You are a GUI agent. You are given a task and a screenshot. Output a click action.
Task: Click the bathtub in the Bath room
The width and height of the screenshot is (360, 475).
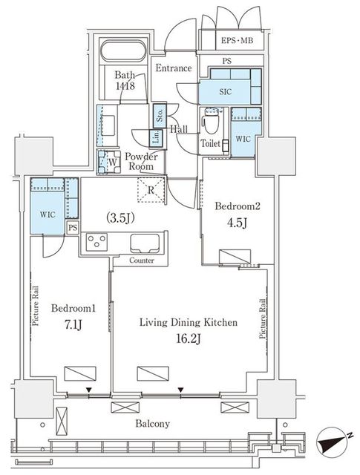click(x=123, y=51)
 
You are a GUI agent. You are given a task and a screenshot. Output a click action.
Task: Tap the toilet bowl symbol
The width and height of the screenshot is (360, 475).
click(x=212, y=120)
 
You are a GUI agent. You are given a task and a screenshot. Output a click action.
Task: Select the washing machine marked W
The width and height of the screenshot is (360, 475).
click(x=109, y=162)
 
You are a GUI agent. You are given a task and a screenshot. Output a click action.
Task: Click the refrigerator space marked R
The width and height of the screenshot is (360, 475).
click(x=151, y=190)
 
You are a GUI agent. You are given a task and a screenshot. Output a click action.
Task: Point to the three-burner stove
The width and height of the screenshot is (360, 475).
click(x=96, y=242)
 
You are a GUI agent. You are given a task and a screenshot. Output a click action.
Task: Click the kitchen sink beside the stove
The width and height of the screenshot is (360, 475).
click(x=145, y=243)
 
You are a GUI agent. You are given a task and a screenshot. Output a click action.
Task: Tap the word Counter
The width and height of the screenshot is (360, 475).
click(x=142, y=261)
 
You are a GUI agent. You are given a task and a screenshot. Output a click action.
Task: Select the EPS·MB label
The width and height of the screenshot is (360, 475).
click(x=237, y=40)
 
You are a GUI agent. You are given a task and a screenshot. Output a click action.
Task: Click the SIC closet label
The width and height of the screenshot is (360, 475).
click(x=225, y=92)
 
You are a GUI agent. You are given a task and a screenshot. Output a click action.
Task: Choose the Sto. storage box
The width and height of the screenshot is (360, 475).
click(x=160, y=115)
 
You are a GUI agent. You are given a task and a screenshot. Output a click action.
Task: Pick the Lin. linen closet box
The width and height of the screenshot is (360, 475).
click(x=157, y=137)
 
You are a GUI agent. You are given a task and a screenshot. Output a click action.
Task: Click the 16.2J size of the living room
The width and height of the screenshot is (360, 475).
click(x=189, y=339)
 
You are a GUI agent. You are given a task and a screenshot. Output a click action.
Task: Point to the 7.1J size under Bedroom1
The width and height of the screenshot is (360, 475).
click(x=73, y=325)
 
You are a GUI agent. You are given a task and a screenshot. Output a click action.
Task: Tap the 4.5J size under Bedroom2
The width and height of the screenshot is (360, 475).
click(x=237, y=223)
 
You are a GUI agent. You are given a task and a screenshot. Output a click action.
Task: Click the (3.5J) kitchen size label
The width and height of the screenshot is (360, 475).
click(x=120, y=217)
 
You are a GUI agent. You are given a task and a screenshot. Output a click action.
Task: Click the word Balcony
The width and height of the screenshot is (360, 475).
click(x=152, y=424)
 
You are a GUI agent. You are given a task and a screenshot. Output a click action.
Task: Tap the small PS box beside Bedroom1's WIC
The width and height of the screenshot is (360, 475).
click(x=73, y=227)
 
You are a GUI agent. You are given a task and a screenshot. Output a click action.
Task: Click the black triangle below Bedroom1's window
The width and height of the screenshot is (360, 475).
click(x=88, y=390)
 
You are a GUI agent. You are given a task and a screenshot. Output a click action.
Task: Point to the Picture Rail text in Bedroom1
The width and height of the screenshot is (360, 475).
click(x=36, y=306)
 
